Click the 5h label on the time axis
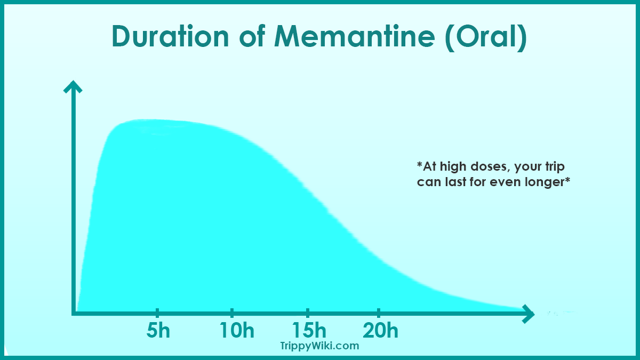tap(158, 331)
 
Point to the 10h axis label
tap(237, 331)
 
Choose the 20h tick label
tap(380, 331)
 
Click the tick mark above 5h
tap(158, 313)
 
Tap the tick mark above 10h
tap(232, 313)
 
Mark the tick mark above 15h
tap(308, 313)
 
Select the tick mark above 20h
tap(379, 313)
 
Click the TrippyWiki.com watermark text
tap(319, 346)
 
